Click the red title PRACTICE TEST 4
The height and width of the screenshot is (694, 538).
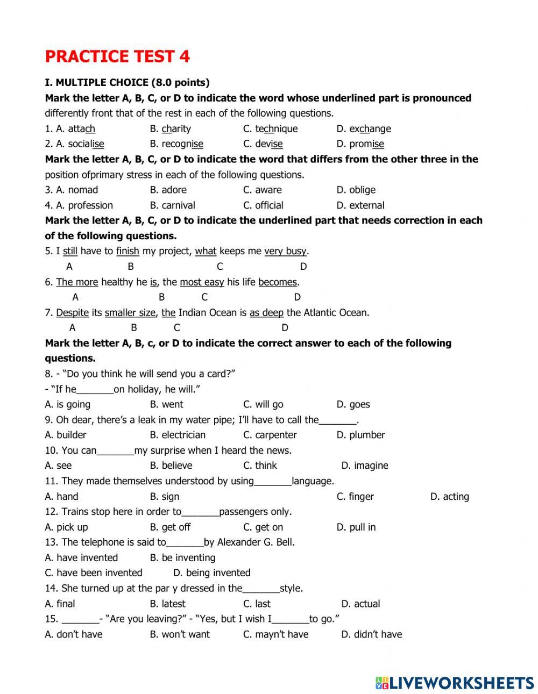tap(117, 56)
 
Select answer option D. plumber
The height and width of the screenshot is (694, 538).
tap(360, 435)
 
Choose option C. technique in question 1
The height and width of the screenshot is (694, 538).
tap(270, 128)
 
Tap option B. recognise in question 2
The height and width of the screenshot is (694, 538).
tap(176, 144)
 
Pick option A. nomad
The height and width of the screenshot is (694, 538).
tap(72, 190)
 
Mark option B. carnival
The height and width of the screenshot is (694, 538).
tap(172, 205)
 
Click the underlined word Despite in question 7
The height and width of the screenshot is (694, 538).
tap(72, 312)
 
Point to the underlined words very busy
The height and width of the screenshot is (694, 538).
tap(285, 251)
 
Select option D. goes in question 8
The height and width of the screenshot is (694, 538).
tap(353, 404)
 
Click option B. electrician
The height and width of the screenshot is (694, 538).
tap(178, 435)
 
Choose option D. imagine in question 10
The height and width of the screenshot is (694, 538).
tap(364, 466)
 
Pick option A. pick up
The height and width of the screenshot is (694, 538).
tap(66, 527)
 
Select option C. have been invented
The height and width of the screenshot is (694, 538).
tap(94, 573)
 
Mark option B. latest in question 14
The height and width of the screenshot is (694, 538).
tap(167, 604)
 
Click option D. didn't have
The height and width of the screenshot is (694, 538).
tap(371, 634)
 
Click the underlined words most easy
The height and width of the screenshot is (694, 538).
tap(202, 282)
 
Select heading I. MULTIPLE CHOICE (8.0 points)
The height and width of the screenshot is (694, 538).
tap(127, 82)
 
